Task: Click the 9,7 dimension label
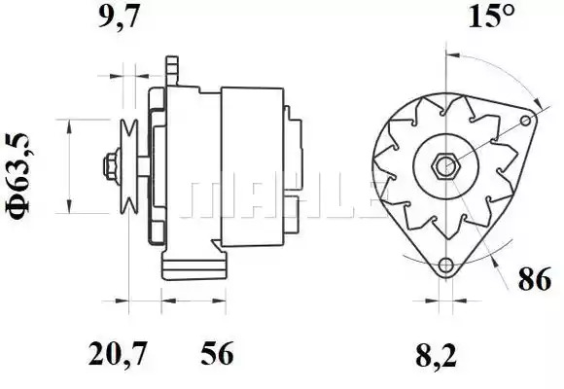tap(119, 17)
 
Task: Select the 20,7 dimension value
tap(118, 353)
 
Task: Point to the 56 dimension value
tap(217, 353)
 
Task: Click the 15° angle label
tap(491, 16)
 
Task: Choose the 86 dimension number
tap(535, 278)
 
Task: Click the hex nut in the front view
tap(445, 166)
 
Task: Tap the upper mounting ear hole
tap(526, 121)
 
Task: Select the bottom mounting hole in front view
tap(446, 265)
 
